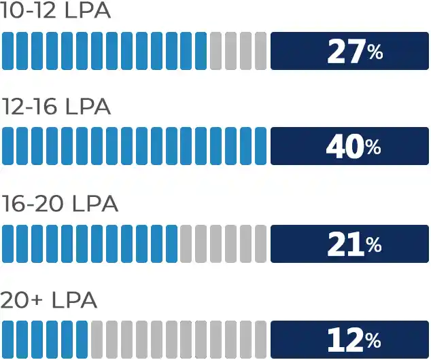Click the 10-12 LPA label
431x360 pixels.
point(55,12)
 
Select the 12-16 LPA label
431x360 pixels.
point(56,107)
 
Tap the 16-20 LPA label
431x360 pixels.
point(59,204)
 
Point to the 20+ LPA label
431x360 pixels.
point(48,300)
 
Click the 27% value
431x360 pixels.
point(354,52)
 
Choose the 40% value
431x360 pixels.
point(354,147)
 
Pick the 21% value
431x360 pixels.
point(354,244)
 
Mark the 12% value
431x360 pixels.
point(354,340)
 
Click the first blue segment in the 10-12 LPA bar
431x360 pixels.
point(7,51)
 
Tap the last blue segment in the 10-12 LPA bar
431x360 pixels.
point(201,51)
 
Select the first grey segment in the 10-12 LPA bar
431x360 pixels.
point(215,51)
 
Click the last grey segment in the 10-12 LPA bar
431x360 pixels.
point(260,51)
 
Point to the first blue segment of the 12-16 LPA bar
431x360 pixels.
point(7,146)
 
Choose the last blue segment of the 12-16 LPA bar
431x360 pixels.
point(260,146)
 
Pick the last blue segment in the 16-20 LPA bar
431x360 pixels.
point(171,243)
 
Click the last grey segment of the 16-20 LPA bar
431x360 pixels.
point(260,243)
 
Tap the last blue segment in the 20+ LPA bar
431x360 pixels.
point(82,339)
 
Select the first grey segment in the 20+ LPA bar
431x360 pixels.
point(97,339)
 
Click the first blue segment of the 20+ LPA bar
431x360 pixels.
point(7,339)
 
